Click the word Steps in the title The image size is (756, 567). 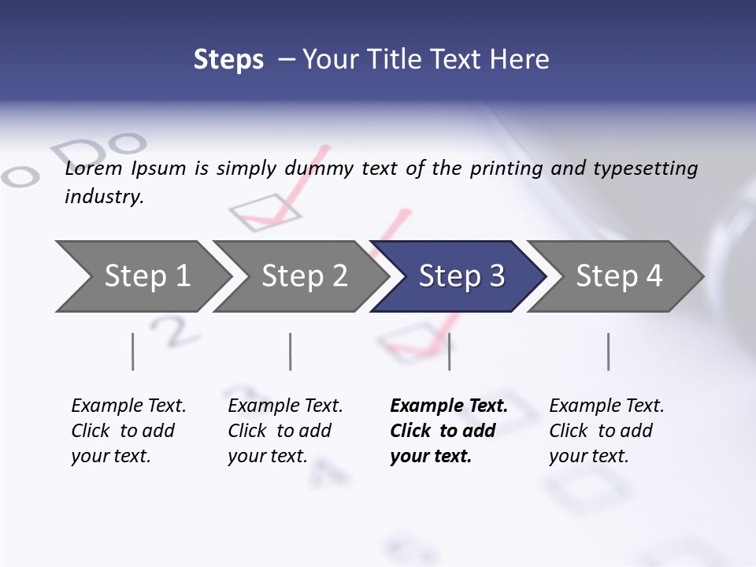pos(228,60)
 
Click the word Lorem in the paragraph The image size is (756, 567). pos(94,169)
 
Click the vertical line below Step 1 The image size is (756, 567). pos(132,351)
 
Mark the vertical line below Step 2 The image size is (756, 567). pos(291,351)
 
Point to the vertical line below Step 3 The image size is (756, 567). pos(449,351)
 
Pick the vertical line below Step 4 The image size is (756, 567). pos(608,351)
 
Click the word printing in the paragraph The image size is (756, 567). pos(506,169)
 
